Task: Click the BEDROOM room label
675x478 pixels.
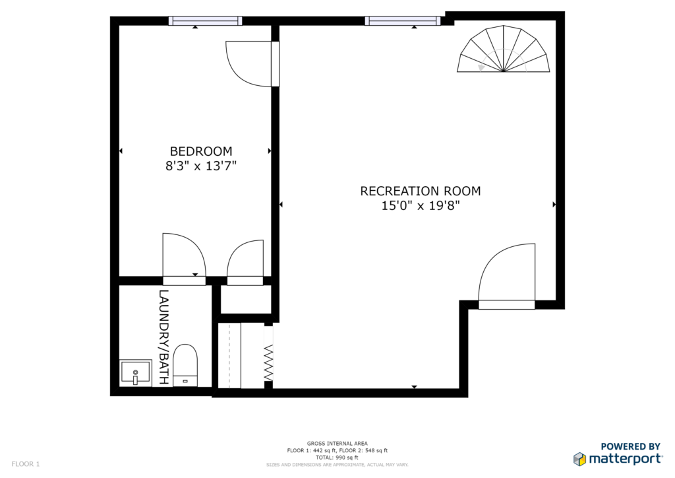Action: click(x=201, y=151)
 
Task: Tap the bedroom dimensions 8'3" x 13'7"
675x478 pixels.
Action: click(x=201, y=166)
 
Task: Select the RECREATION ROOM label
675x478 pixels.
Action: click(x=420, y=191)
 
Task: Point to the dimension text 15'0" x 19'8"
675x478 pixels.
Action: click(x=420, y=205)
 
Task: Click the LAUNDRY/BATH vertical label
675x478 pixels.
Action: click(x=164, y=337)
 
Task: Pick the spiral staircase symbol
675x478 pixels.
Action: click(x=503, y=49)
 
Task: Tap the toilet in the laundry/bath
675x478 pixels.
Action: click(x=185, y=365)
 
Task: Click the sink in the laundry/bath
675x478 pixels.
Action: click(x=136, y=373)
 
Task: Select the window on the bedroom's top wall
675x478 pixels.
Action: click(x=206, y=20)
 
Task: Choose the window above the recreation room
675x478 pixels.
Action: click(x=403, y=20)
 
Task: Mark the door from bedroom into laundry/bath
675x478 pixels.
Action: click(x=185, y=259)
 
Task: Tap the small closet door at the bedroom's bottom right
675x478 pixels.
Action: click(x=245, y=263)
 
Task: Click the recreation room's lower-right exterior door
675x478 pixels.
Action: click(x=507, y=276)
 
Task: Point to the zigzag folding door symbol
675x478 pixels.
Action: click(x=268, y=362)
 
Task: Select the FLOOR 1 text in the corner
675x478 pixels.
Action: click(x=26, y=464)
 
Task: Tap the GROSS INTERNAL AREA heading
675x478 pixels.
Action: click(x=337, y=444)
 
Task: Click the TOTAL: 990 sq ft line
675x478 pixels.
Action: click(x=337, y=458)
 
